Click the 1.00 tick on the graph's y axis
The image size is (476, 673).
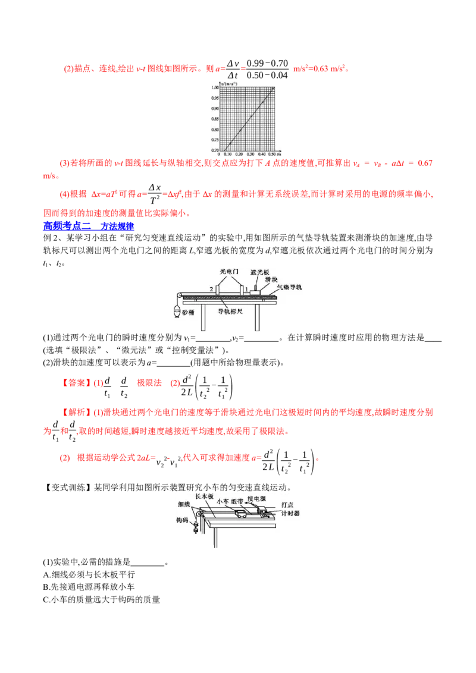(215, 88)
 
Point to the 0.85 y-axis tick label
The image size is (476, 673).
(215, 118)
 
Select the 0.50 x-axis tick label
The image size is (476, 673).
(273, 153)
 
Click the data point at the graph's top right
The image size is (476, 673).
(273, 89)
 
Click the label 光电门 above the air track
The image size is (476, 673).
(228, 271)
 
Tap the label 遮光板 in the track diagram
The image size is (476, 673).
(260, 272)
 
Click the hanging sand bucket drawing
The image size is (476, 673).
(176, 311)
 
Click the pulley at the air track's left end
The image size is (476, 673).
(178, 296)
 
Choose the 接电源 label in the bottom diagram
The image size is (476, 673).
(261, 499)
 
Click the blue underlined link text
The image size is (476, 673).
(89, 226)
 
